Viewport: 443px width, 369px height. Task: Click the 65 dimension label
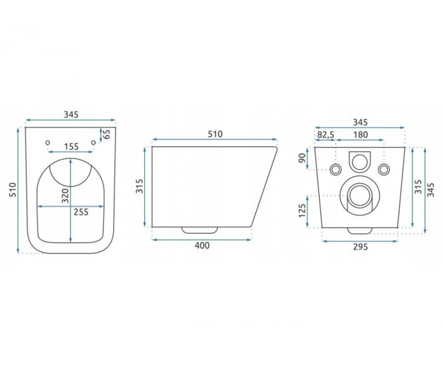tap(107, 134)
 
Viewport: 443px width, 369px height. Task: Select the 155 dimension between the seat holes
tap(71, 146)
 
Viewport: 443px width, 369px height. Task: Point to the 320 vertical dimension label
tap(65, 195)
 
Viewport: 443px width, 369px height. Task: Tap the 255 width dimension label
tap(81, 212)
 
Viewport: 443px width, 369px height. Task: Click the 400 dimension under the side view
tap(202, 245)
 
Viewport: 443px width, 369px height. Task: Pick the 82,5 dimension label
tap(326, 134)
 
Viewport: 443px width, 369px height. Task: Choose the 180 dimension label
tap(360, 134)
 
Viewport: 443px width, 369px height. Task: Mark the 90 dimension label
tap(302, 158)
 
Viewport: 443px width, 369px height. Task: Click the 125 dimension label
tap(302, 211)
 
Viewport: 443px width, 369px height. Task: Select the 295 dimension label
tap(360, 247)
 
